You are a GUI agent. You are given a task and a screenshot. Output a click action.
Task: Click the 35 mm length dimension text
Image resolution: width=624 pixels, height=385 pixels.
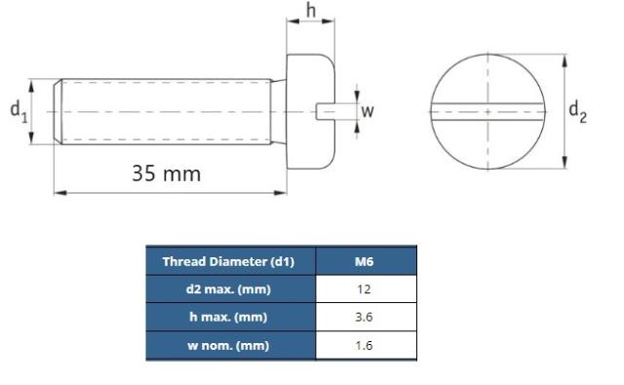pyautogui.click(x=166, y=173)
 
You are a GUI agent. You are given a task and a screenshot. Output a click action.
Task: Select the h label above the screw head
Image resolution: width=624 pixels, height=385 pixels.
pyautogui.click(x=310, y=12)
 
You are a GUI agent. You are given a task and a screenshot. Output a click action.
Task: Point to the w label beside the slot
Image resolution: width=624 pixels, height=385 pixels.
pyautogui.click(x=367, y=111)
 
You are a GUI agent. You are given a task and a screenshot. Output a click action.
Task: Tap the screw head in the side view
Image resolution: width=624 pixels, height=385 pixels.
pyautogui.click(x=310, y=83)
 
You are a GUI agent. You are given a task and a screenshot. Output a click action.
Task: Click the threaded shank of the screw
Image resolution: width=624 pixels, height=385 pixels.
pyautogui.click(x=166, y=111)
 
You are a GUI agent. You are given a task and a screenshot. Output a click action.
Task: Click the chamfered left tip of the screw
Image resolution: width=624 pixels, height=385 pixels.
pyautogui.click(x=58, y=111)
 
